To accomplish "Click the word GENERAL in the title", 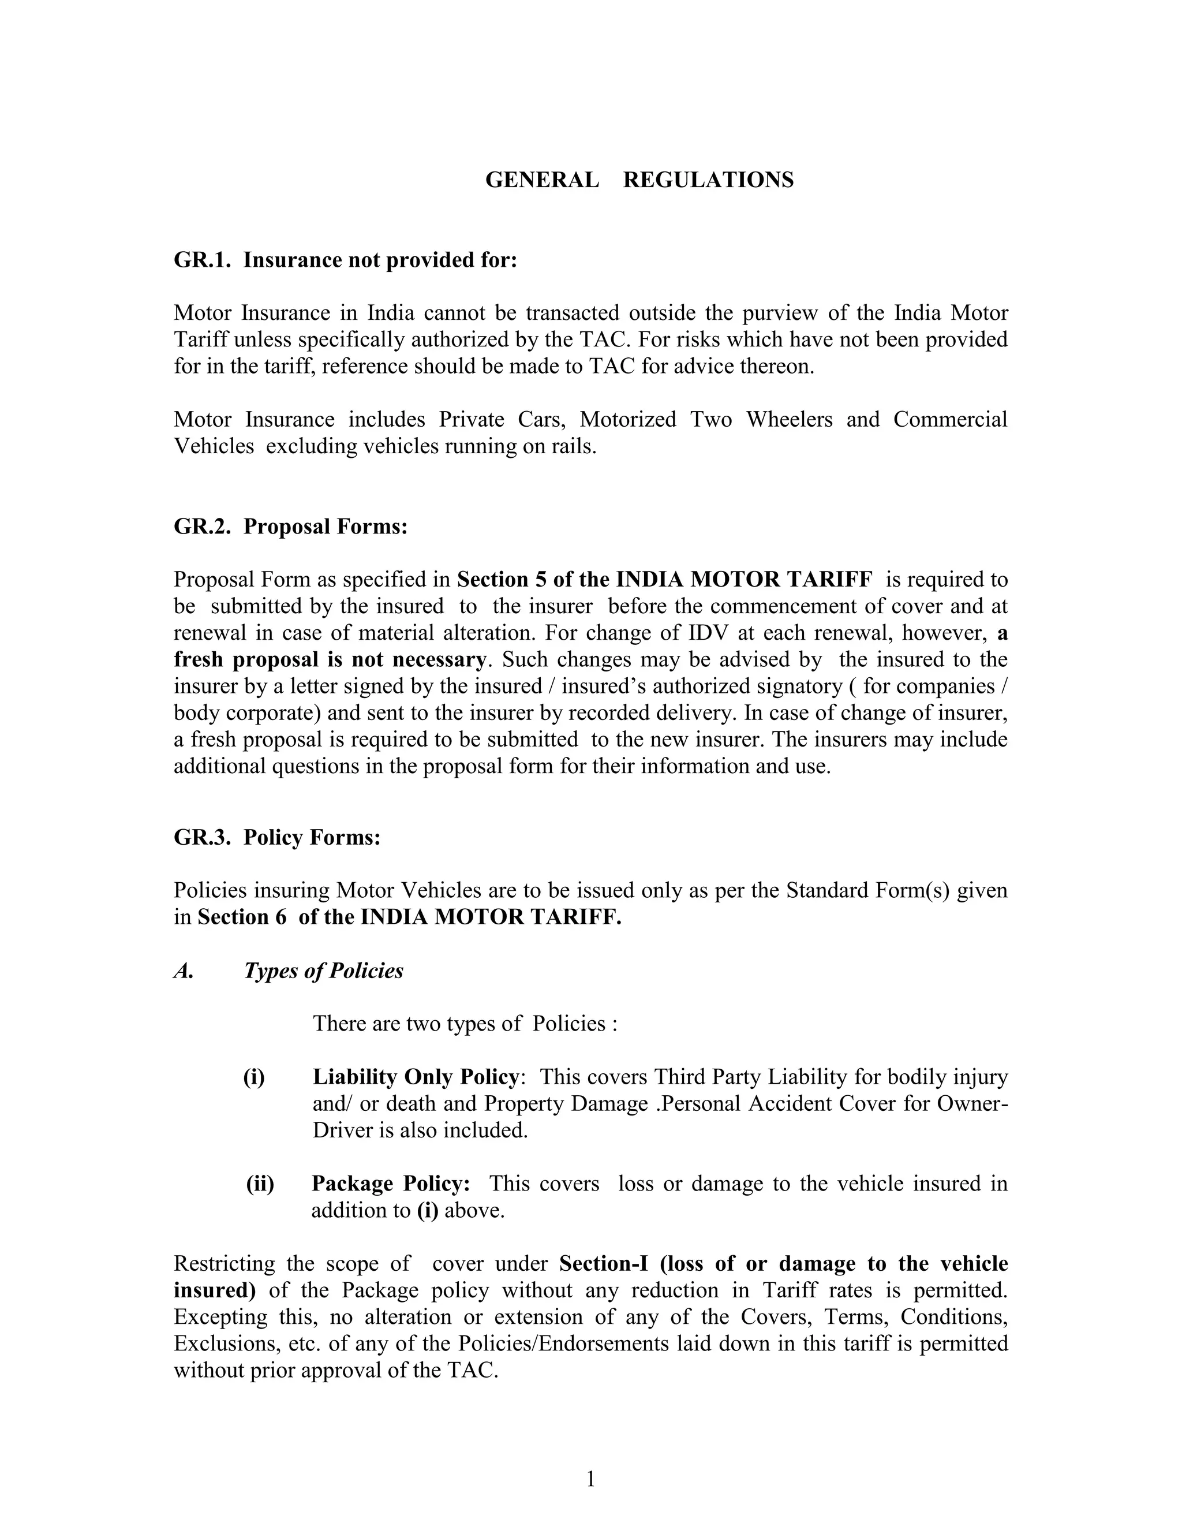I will click(542, 180).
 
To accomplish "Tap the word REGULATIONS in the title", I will click(708, 180).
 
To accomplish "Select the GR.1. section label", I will click(201, 260).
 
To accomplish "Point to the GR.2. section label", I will click(201, 526).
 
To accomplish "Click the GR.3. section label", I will click(201, 837).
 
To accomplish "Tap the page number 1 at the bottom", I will click(590, 1479).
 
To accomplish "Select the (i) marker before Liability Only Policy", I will click(254, 1077).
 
